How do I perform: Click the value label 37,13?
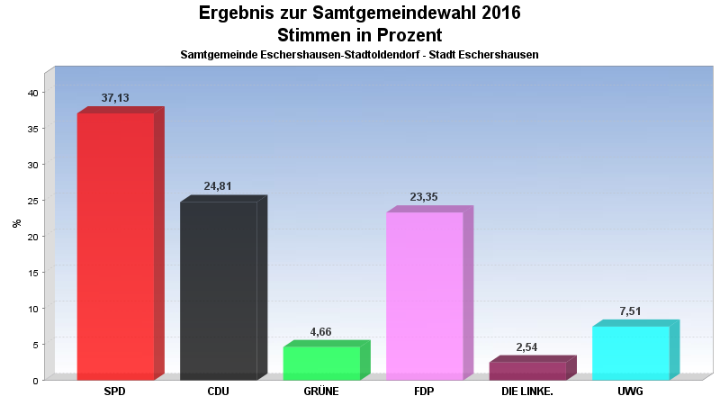click(115, 98)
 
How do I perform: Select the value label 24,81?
click(218, 186)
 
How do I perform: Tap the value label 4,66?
click(320, 331)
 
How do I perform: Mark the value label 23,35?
click(424, 196)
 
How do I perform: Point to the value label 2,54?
click(526, 347)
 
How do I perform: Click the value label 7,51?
click(630, 310)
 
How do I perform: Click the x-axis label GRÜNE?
click(321, 391)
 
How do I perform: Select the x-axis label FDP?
click(424, 391)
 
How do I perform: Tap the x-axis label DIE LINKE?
click(527, 391)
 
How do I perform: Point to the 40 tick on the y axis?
click(33, 93)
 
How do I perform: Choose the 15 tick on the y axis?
click(33, 273)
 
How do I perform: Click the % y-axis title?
click(17, 223)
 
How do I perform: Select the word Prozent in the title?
click(409, 35)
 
